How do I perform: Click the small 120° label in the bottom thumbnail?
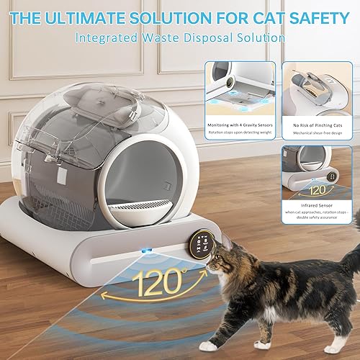pos(317,190)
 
